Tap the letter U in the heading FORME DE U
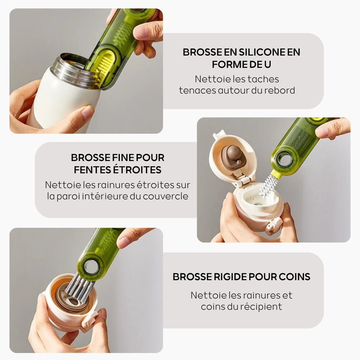coord(268,65)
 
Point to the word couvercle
coord(166,196)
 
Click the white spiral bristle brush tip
coord(266,185)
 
